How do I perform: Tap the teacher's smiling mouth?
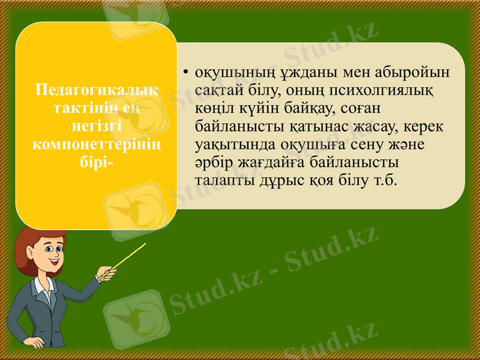click(x=54, y=262)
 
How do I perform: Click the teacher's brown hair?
click(x=36, y=237)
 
